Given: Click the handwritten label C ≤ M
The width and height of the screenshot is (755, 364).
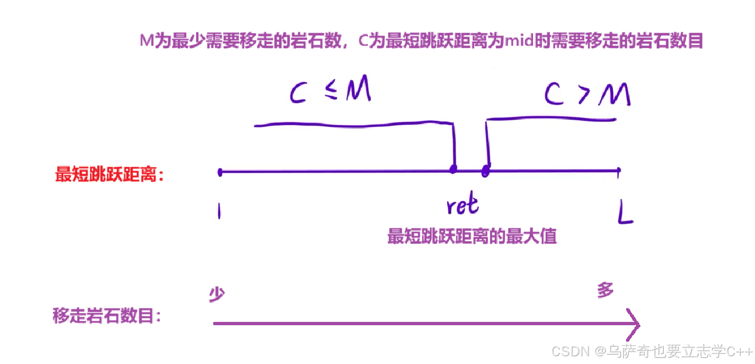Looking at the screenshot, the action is [330, 91].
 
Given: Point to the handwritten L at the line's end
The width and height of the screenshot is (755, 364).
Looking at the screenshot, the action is [625, 213].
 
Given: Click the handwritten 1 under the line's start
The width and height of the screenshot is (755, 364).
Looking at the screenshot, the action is [219, 211].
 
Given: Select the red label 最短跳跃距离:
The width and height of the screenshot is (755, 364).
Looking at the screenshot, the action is [110, 175].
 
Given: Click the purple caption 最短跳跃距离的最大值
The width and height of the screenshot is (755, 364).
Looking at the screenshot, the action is [472, 237].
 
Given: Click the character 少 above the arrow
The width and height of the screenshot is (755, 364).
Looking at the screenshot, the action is [216, 294].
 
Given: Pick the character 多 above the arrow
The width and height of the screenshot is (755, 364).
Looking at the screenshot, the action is [606, 290].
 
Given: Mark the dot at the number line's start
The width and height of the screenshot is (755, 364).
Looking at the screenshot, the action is [220, 172].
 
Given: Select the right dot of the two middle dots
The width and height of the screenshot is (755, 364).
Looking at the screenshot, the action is [485, 171].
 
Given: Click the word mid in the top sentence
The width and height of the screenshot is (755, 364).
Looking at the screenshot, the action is [518, 42].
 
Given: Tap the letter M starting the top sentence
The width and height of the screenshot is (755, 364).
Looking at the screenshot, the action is [146, 42].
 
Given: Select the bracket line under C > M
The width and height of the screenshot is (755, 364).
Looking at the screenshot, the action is [551, 118].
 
